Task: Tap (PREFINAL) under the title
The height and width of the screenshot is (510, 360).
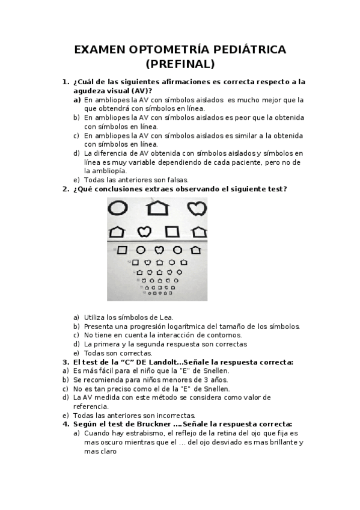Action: pos(180,64)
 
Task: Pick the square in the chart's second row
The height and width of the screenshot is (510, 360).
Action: pos(172,231)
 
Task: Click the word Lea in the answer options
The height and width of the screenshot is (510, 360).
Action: pos(166,317)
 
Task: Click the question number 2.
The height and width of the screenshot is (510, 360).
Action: pos(66,189)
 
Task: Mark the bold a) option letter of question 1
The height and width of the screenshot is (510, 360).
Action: pos(77,100)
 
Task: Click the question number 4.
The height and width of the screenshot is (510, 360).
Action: pos(66,423)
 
